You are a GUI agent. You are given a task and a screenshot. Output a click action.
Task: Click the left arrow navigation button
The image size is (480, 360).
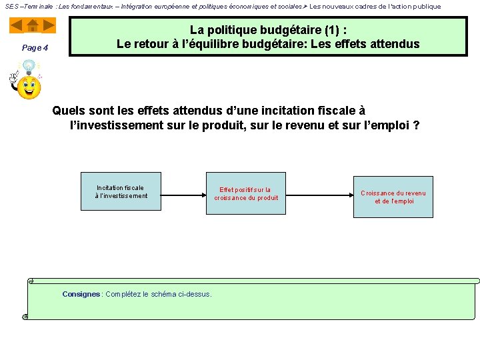pos(17,25)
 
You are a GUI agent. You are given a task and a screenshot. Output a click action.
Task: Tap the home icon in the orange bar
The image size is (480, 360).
pos(33,25)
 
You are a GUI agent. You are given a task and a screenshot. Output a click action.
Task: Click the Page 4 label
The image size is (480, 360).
pos(35,47)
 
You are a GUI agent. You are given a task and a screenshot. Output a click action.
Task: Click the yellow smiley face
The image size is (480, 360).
pos(29,87)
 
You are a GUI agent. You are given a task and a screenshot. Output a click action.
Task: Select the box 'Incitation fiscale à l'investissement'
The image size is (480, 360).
pos(121,192)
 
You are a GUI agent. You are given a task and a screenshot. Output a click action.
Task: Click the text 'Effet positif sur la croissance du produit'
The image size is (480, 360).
pos(246,194)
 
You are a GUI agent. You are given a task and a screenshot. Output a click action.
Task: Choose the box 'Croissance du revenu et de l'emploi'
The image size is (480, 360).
pos(393,197)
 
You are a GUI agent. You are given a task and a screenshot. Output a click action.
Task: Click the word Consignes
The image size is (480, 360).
pos(81,294)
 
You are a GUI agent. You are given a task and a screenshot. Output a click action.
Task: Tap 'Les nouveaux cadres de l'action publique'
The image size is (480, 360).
pos(375,6)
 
